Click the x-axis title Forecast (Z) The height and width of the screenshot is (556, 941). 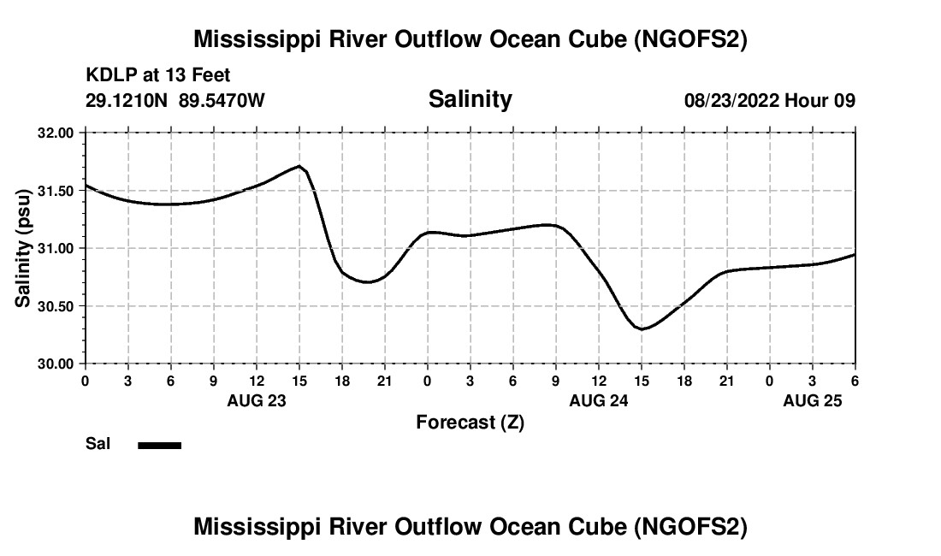(x=470, y=423)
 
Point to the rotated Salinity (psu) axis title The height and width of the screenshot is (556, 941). (x=24, y=248)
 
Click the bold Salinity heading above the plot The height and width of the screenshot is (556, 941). (x=470, y=99)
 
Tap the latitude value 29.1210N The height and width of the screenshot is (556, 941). (x=128, y=101)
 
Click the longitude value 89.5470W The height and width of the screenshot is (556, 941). (x=222, y=101)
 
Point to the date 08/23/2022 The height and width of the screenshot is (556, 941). (x=731, y=101)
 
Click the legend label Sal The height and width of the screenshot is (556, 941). (x=98, y=444)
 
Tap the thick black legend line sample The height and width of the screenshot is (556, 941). (x=160, y=445)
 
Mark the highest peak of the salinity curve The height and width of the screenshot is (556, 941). (x=299, y=166)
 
